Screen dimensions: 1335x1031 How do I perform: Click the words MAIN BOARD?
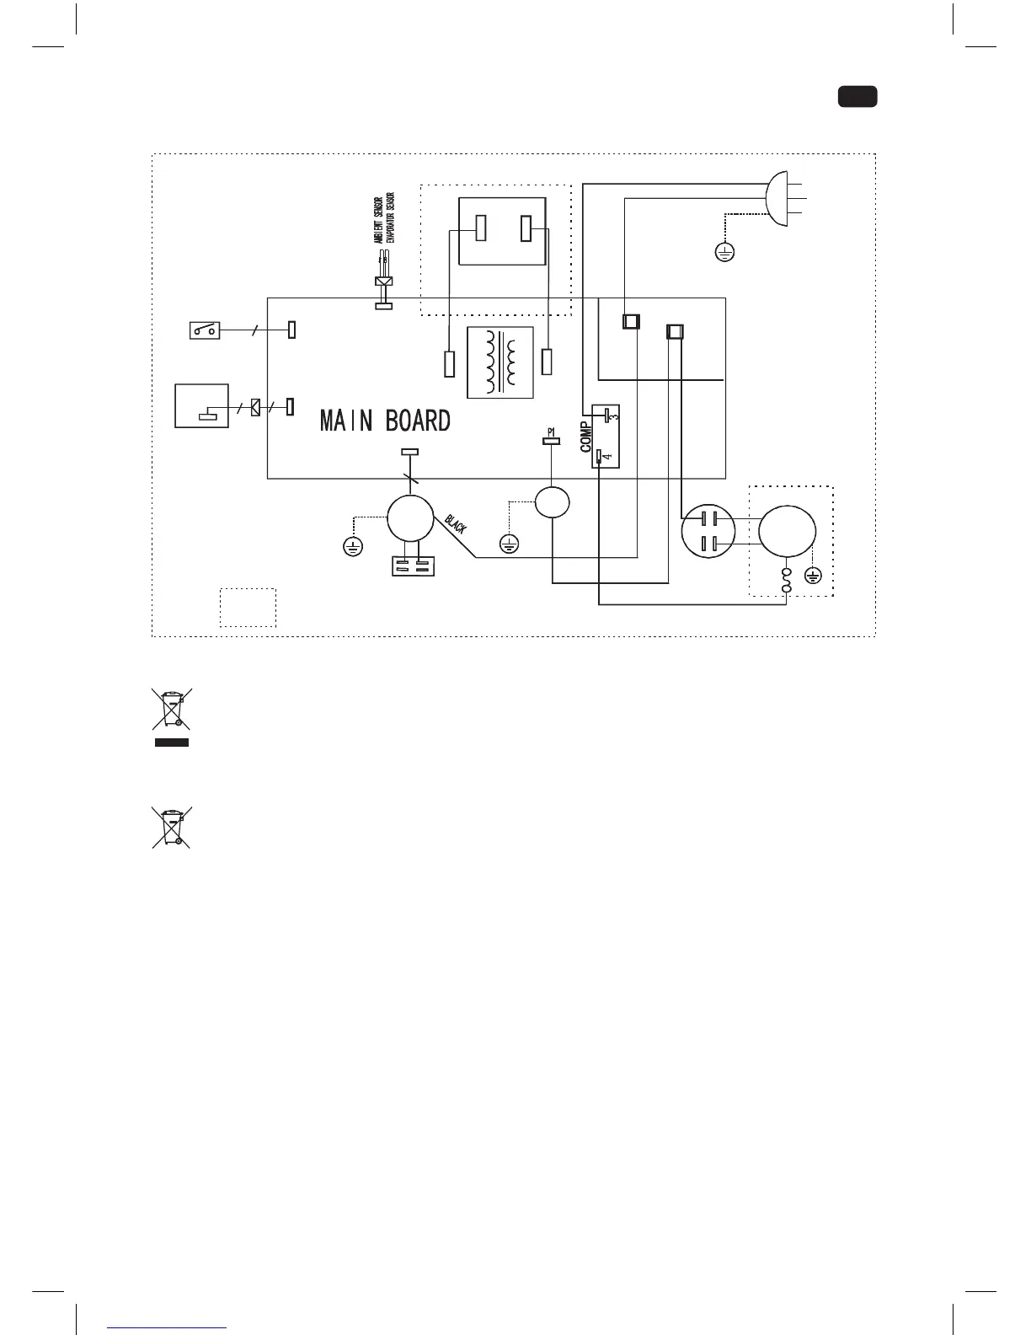click(385, 421)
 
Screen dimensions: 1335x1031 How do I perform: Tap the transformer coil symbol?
click(500, 362)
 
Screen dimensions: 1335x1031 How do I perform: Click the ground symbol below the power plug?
click(724, 251)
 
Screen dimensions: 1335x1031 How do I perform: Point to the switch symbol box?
click(206, 330)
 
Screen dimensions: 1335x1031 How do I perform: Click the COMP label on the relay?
click(586, 437)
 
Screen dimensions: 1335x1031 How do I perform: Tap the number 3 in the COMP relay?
click(614, 416)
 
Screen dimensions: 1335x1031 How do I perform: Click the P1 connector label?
click(551, 432)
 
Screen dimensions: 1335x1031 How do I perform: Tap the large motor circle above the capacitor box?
click(410, 519)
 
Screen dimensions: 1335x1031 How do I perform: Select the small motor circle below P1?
click(552, 502)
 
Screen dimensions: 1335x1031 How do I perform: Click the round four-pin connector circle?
click(708, 532)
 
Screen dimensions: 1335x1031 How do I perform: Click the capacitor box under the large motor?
click(413, 565)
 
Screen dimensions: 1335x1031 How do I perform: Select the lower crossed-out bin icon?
click(171, 827)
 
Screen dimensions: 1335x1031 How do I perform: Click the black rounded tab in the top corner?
click(857, 96)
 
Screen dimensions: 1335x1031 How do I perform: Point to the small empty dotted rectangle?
click(248, 607)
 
